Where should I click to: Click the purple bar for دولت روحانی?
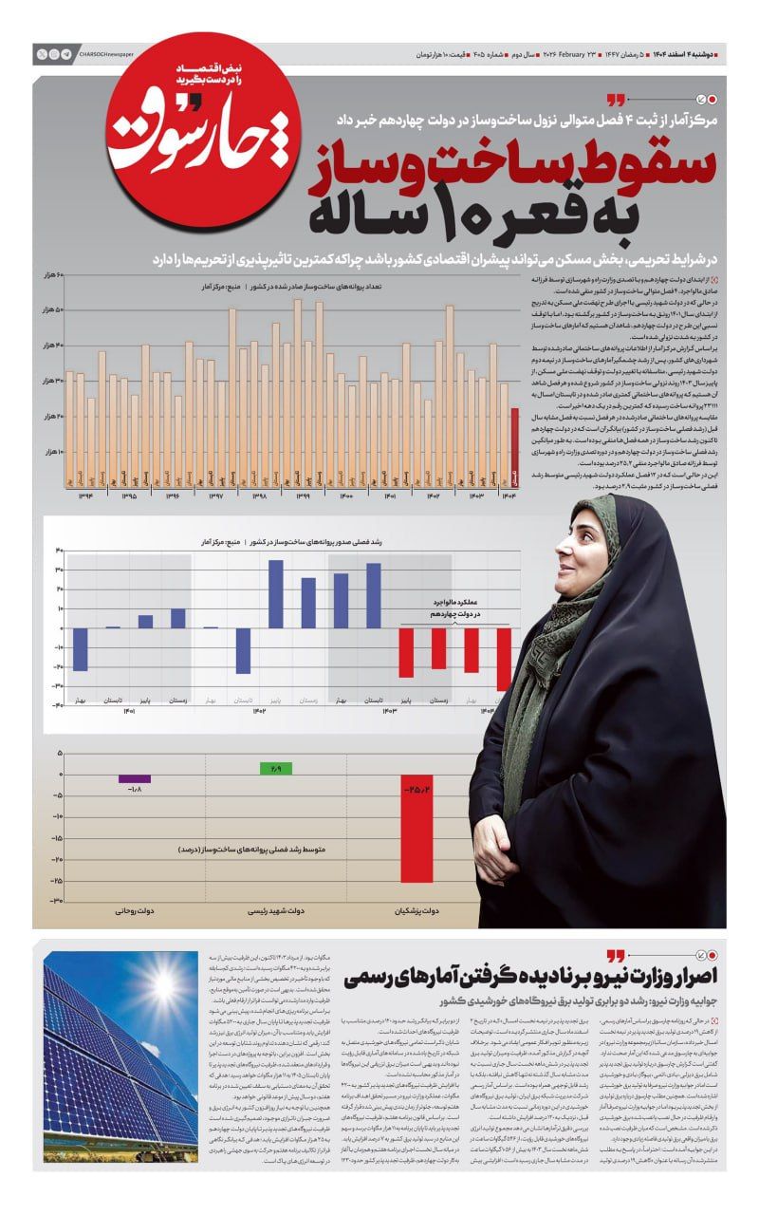tap(135, 778)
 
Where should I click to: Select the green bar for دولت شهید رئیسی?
tap(276, 768)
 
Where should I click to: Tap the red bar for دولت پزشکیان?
tap(417, 835)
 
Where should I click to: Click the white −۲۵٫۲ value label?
tap(417, 789)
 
